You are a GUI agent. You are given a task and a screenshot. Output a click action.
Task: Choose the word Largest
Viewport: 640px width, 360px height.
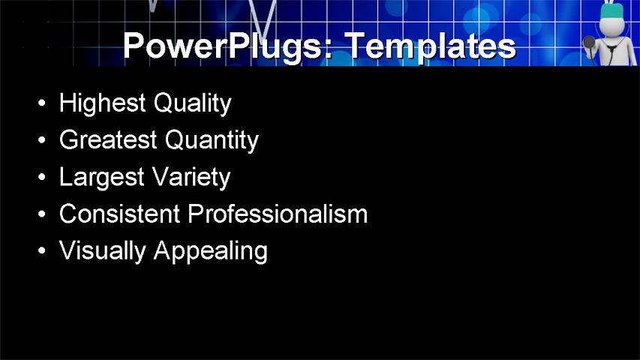pyautogui.click(x=101, y=178)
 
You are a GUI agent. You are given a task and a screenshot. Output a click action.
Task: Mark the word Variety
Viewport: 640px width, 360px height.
pyautogui.click(x=191, y=178)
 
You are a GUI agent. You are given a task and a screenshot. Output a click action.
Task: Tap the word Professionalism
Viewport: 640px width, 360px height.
pyautogui.click(x=278, y=214)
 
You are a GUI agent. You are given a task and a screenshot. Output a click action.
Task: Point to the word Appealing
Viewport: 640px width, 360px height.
pyautogui.click(x=210, y=252)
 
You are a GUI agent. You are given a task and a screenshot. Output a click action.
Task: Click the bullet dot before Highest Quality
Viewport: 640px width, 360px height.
pyautogui.click(x=42, y=103)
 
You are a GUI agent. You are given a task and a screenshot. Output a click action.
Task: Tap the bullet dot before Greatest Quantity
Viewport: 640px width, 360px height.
pyautogui.click(x=42, y=140)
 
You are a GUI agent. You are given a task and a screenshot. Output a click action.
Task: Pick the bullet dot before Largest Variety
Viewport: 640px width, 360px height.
pyautogui.click(x=42, y=178)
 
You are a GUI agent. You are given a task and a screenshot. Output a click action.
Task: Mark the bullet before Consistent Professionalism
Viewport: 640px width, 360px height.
pyautogui.click(x=42, y=214)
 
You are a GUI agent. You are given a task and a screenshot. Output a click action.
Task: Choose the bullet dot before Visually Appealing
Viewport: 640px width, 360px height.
pyautogui.click(x=42, y=251)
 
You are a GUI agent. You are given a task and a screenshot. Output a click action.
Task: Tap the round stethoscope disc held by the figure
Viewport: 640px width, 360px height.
pyautogui.click(x=588, y=41)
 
